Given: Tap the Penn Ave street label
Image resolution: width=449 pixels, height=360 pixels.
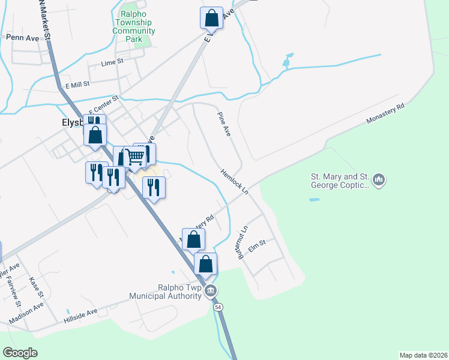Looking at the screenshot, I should pos(22,37).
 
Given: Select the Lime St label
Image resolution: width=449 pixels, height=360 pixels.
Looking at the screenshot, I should pos(112,62).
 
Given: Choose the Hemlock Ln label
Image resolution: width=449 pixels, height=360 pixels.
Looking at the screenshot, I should pos(234,181).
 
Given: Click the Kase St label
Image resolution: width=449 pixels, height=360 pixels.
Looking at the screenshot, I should pos(35,287).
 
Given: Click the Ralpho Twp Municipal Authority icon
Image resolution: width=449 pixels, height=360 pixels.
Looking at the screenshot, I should pos(209,292).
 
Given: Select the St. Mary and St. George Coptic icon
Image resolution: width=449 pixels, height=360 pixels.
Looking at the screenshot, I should pos(378,179).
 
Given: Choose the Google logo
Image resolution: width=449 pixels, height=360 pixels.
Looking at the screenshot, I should pos(20,353).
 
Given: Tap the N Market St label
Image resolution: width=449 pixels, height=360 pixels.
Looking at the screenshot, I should pos(44,20).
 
